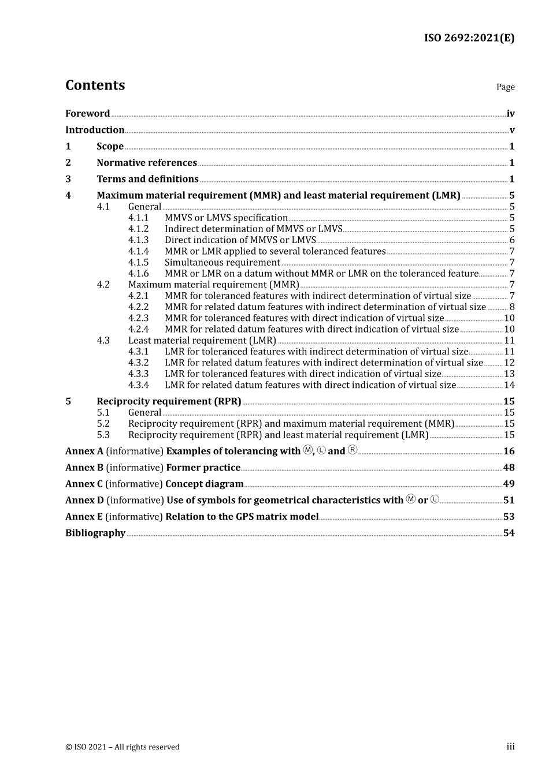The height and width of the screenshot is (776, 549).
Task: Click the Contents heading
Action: pos(95,85)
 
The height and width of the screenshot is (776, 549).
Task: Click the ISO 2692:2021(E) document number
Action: pos(469,38)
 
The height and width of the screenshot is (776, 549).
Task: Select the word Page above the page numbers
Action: pos(505,87)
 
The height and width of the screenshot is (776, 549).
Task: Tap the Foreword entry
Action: pos(87,114)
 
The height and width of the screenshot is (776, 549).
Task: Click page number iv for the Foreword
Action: pos(510,114)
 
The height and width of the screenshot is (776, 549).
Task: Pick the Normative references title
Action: pos(147,163)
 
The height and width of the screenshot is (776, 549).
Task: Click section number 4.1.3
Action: pos(138,240)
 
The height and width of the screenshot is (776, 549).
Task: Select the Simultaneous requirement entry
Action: pos(222,263)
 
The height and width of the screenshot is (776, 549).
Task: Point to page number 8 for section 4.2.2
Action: pos(512,307)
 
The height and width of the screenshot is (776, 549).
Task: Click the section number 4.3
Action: pos(103,341)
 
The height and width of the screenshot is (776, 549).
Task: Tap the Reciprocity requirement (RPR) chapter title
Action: pos(169,401)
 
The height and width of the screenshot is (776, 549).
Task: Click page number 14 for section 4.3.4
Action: pos(509,385)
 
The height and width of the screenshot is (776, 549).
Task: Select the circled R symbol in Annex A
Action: pos(353,450)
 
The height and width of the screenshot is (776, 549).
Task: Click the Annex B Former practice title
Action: pos(203,468)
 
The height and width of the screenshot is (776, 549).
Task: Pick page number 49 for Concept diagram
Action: pos(509,484)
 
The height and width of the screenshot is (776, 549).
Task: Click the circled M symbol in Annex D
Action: pos(411,499)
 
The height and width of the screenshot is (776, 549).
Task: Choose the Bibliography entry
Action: pos(95,533)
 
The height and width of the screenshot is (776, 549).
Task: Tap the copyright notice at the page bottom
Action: pos(123,747)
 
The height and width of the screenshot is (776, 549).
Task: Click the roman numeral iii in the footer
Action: pos(510,747)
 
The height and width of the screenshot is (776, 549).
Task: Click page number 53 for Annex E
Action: pos(509,517)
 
